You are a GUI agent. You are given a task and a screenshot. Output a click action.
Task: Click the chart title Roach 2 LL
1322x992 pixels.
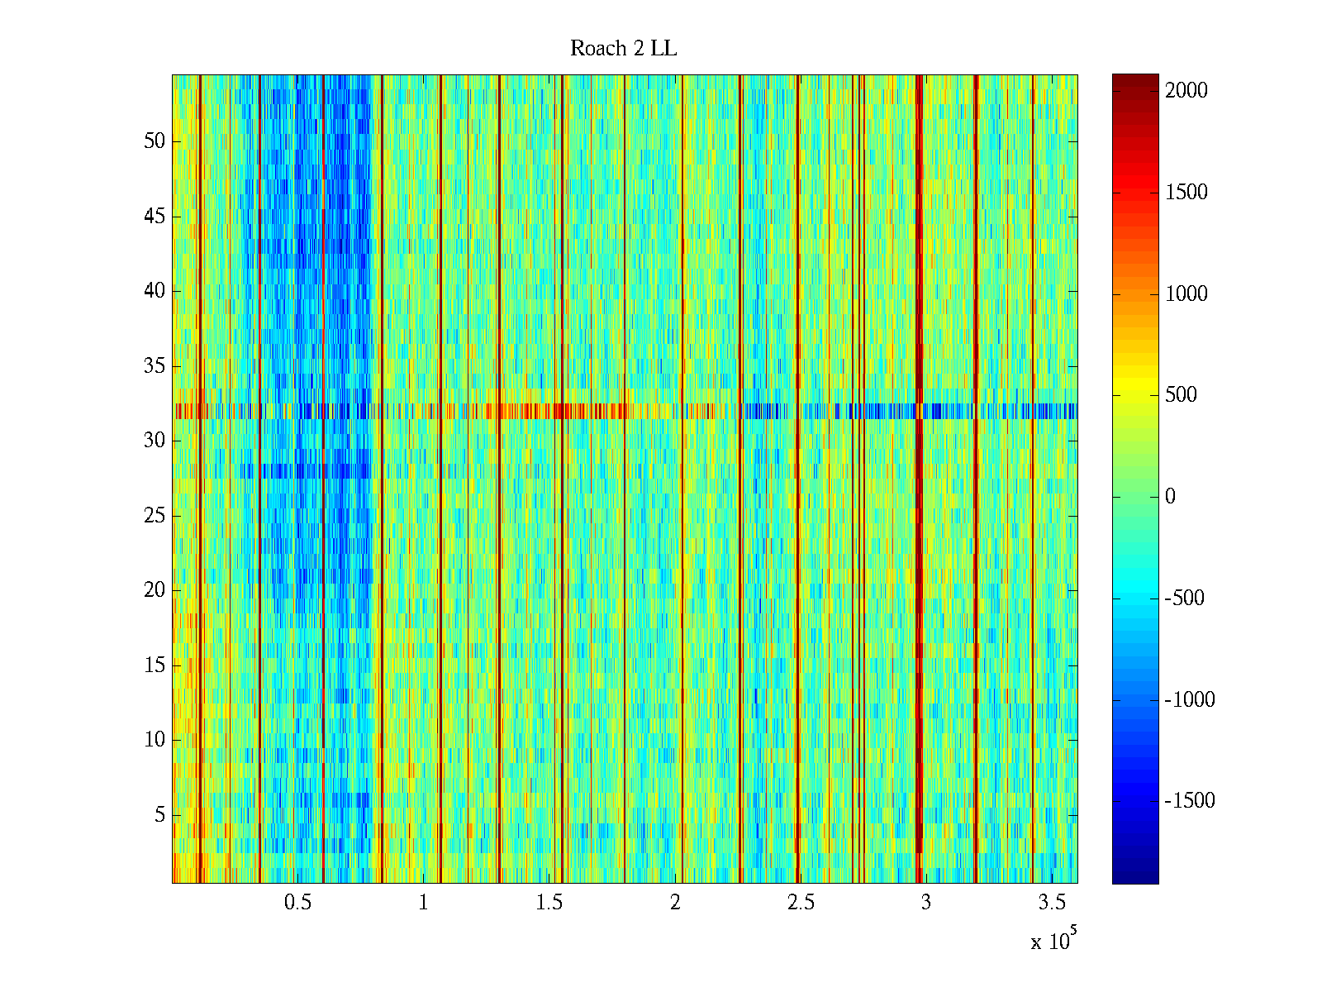pos(623,49)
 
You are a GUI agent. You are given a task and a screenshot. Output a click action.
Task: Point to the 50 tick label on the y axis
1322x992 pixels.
pos(155,141)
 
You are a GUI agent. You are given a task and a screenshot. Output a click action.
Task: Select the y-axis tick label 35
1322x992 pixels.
pos(155,366)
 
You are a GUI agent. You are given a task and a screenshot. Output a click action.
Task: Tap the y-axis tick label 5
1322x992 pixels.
pos(159,815)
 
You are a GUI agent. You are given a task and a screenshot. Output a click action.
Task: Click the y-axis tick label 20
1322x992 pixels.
pos(155,590)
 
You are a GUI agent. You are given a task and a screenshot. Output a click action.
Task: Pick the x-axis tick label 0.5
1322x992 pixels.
pos(297,903)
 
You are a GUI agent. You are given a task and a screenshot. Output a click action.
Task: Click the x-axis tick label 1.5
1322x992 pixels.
pos(549,903)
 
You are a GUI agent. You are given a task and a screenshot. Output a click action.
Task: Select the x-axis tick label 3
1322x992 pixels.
pos(925,903)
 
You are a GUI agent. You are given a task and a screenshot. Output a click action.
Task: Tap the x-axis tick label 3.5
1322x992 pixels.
pos(1051,903)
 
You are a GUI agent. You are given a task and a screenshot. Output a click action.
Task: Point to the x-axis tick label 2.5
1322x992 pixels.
pos(800,903)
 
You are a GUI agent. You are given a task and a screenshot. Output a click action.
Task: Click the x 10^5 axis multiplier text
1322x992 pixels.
pos(1053,941)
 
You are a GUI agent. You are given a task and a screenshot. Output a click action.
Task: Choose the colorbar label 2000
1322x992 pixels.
pos(1186,91)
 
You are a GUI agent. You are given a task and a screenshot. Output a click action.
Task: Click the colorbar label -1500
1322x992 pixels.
pos(1189,801)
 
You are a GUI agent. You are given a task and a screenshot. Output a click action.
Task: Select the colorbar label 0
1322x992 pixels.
pos(1170,497)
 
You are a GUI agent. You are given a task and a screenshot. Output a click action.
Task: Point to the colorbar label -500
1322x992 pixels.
pos(1184,599)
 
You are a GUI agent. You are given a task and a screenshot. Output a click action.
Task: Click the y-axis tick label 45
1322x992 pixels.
pos(155,217)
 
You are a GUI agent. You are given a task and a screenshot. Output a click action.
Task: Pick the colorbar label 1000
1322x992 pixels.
pos(1186,294)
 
